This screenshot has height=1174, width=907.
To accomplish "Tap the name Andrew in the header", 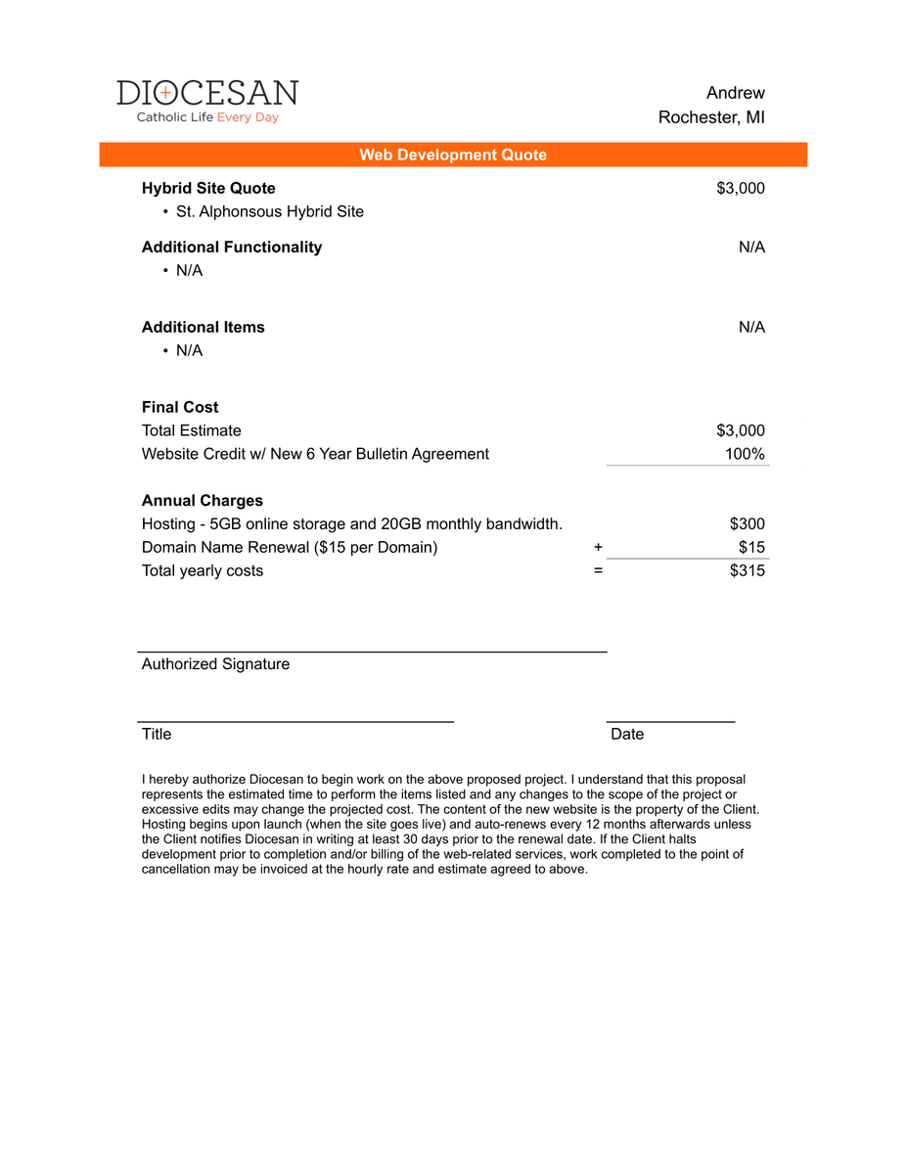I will click(x=735, y=93).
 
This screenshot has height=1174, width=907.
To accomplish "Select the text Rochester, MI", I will click(x=711, y=117).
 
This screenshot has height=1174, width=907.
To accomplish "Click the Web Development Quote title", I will click(x=453, y=155).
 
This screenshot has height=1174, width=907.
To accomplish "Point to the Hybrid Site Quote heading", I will click(x=208, y=188).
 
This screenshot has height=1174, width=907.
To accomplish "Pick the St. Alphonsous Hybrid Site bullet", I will click(x=269, y=211).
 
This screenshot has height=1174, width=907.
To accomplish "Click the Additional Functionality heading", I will click(x=232, y=247).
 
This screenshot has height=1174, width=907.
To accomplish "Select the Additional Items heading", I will click(x=204, y=327).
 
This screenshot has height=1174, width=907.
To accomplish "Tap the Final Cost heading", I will click(x=180, y=407).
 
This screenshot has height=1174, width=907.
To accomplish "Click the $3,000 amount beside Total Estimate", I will click(x=741, y=430).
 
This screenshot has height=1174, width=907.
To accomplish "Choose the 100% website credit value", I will click(x=745, y=454).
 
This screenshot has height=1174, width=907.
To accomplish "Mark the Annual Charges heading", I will click(x=203, y=500).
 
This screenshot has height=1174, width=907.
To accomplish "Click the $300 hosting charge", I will click(x=748, y=524).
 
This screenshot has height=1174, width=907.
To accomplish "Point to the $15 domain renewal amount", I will click(x=751, y=547).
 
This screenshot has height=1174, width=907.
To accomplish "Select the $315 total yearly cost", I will click(x=748, y=570).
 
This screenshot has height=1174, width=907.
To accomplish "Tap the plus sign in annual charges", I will click(x=598, y=547).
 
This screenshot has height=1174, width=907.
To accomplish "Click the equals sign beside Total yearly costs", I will click(x=598, y=570).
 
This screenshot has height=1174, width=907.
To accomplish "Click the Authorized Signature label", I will click(x=215, y=664).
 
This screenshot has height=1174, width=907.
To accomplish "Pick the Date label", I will click(x=627, y=734).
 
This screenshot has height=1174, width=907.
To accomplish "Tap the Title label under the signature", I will click(x=157, y=734).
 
